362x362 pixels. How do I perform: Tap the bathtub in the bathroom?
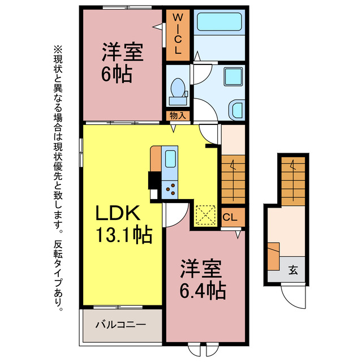tap(218, 24)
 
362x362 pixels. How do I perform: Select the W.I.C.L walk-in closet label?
tap(178, 33)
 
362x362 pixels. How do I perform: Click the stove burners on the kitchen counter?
tap(170, 188)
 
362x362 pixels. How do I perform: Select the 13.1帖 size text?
tap(123, 234)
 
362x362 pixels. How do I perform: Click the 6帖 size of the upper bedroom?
tap(118, 74)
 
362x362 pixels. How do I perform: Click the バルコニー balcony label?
tap(120, 325)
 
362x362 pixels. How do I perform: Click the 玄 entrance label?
tap(293, 270)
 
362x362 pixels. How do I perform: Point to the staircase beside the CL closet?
tap(232, 176)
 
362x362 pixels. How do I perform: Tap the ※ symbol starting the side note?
tap(57, 50)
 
